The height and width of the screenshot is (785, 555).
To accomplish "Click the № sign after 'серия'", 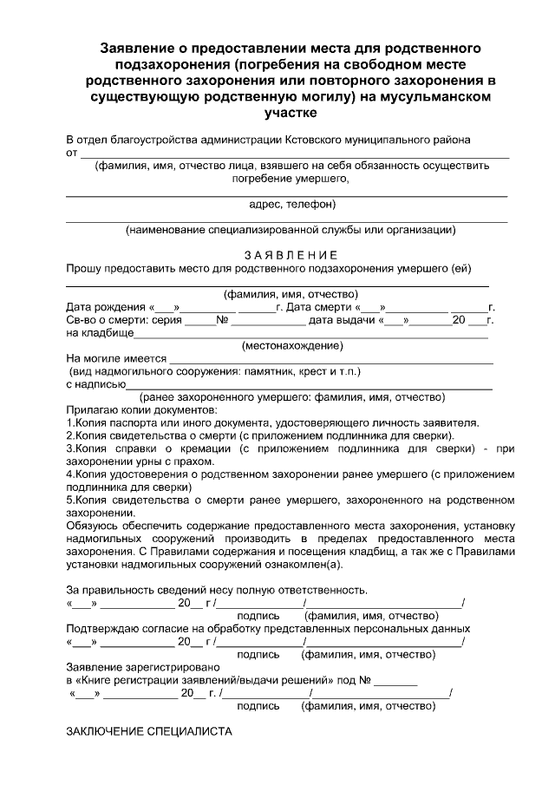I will (221, 320).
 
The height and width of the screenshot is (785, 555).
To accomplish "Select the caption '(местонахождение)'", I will (291, 345).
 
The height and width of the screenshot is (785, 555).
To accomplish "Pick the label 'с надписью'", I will (96, 384).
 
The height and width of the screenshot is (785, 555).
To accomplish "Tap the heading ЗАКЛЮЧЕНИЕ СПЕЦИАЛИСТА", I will (149, 732).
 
